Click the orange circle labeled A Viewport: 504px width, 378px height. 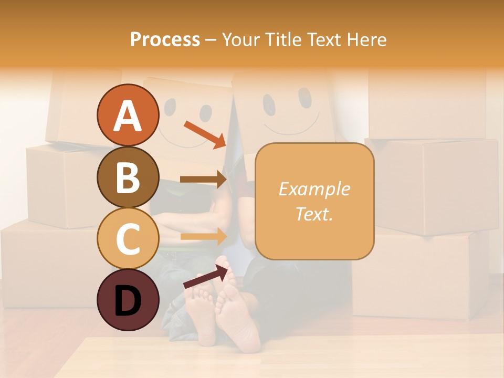128,115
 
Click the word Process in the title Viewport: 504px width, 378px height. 165,39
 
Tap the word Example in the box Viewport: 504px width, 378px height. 314,189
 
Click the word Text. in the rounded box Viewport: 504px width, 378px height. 314,214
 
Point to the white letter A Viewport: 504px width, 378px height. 128,116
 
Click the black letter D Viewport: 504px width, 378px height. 128,301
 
